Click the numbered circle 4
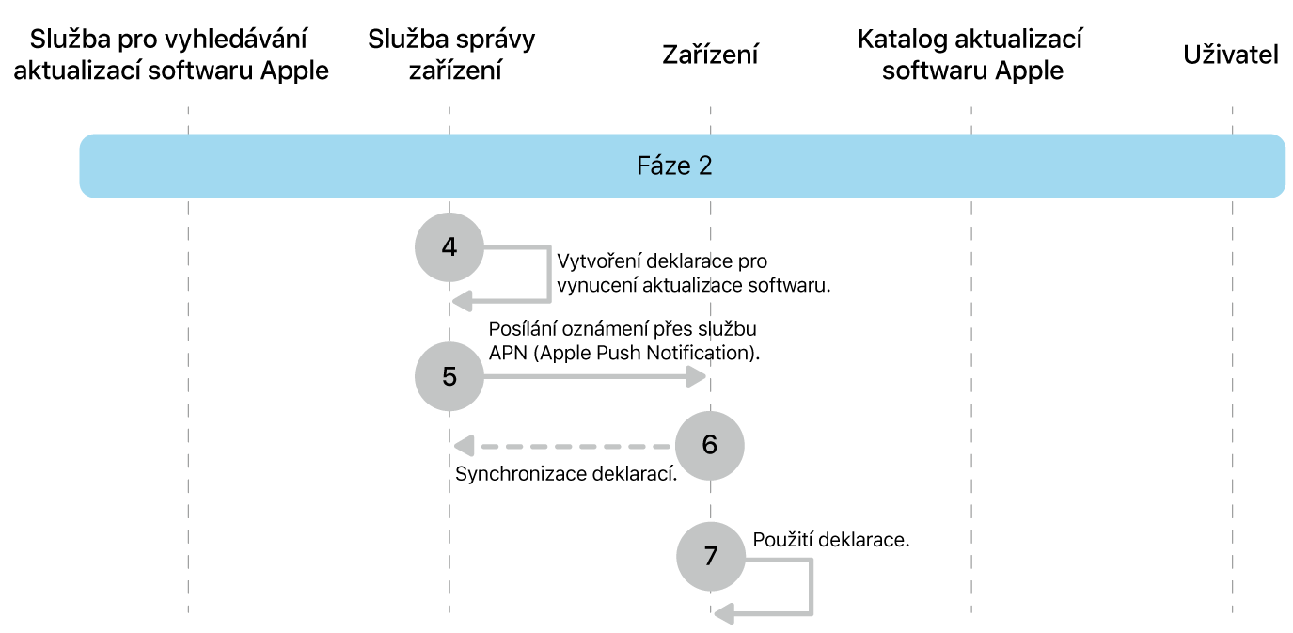(x=449, y=247)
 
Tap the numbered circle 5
(x=449, y=376)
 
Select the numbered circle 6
(x=710, y=444)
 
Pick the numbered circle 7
(x=710, y=556)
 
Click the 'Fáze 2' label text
(x=674, y=166)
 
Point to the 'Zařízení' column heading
(x=710, y=55)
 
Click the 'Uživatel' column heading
(x=1231, y=55)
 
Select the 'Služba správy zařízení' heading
(x=451, y=55)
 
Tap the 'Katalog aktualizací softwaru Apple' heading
(x=970, y=55)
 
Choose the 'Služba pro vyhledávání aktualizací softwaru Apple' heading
(x=170, y=55)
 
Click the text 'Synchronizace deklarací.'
(x=566, y=474)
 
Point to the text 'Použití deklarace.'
(x=830, y=541)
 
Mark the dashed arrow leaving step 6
(x=564, y=445)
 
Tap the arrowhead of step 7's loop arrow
(x=722, y=614)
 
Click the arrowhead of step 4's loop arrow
(x=461, y=300)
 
